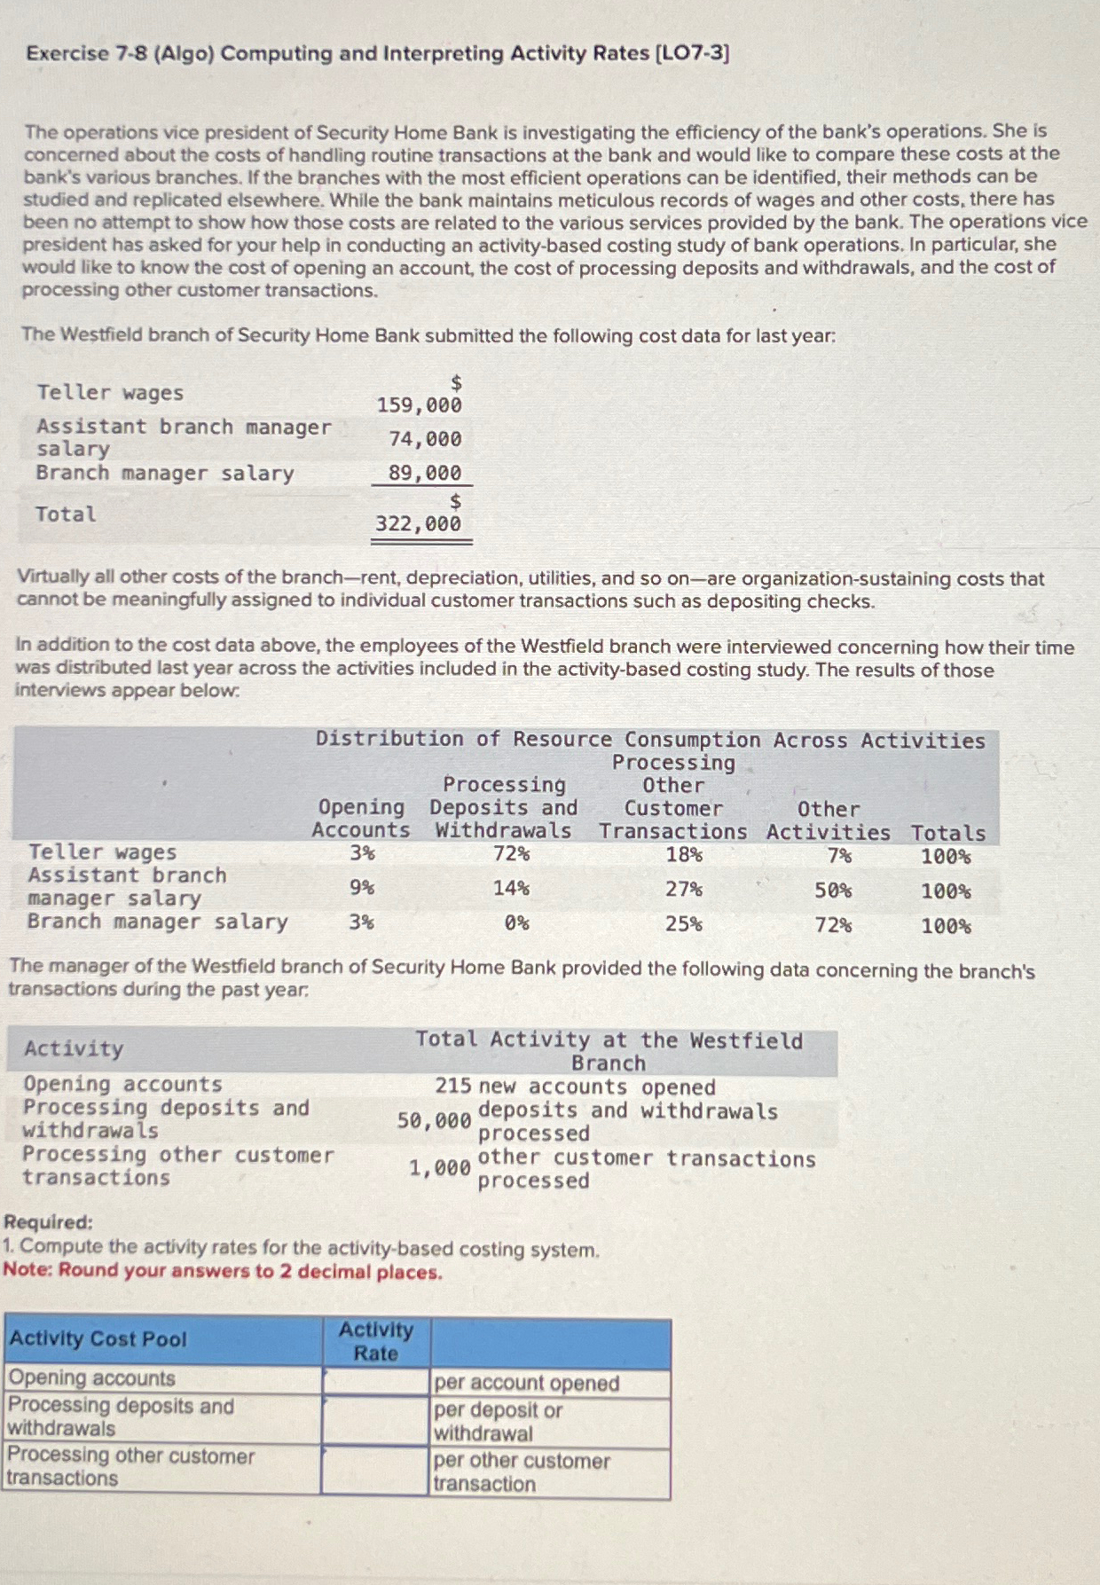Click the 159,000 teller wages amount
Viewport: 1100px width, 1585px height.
(419, 405)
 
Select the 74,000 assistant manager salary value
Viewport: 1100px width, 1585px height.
(425, 439)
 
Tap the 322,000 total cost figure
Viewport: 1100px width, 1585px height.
(418, 524)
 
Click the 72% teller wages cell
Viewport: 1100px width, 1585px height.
(511, 854)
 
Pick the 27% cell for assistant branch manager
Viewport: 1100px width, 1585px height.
(684, 890)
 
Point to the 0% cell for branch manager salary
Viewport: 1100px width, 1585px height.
(516, 923)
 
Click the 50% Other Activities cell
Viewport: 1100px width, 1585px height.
(833, 891)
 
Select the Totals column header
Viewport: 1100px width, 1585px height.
(947, 833)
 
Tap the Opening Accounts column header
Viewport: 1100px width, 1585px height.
(360, 819)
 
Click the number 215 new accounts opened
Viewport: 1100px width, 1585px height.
(452, 1087)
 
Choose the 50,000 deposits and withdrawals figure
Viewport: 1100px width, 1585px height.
(434, 1121)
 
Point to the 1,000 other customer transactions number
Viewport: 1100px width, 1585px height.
(439, 1168)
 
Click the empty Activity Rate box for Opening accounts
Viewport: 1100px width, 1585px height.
(375, 1381)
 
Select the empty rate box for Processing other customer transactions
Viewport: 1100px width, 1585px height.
(375, 1470)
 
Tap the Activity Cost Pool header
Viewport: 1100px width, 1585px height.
(98, 1338)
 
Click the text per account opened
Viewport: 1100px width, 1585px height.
(526, 1383)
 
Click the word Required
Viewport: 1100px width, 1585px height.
(48, 1222)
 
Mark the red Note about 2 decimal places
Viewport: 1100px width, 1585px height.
(222, 1271)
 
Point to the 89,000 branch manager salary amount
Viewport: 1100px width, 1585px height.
(425, 473)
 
